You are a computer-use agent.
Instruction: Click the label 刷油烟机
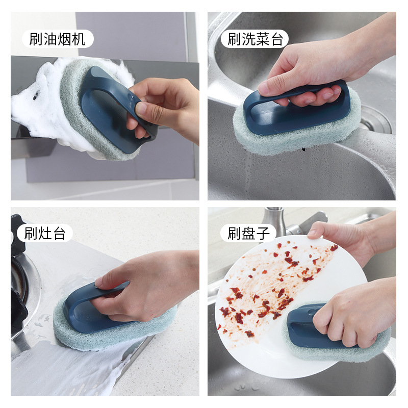click(x=58, y=39)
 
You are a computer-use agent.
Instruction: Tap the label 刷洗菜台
click(x=255, y=39)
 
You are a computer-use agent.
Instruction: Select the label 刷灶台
click(x=45, y=233)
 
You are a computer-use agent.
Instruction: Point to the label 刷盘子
click(x=248, y=233)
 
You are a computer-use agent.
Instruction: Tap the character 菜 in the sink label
click(x=262, y=39)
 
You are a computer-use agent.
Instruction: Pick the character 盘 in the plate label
click(x=248, y=233)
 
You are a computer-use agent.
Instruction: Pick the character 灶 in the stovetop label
click(x=45, y=233)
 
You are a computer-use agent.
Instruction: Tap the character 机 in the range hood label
click(x=79, y=39)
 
